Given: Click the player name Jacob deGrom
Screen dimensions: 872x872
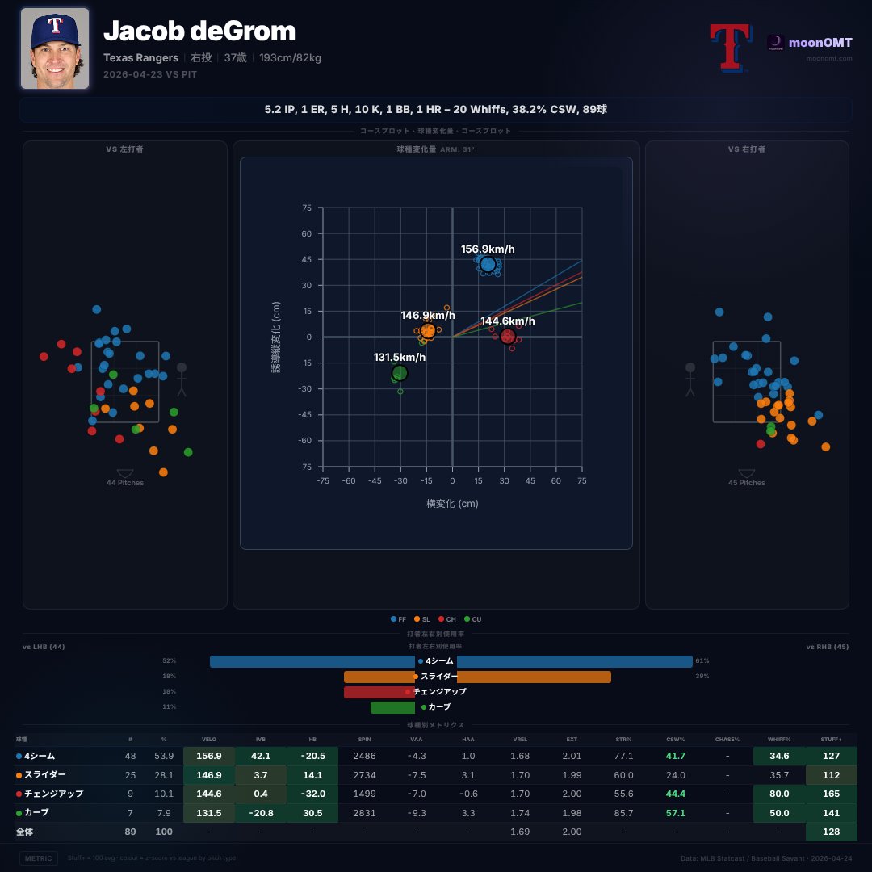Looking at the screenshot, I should tap(199, 31).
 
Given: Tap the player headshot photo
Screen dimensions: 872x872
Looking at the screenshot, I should tap(55, 48).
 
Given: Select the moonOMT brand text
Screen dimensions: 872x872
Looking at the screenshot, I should tap(820, 42).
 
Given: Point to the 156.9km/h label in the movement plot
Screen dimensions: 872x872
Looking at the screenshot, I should tap(488, 249).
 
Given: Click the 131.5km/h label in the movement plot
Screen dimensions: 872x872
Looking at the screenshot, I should tap(400, 357).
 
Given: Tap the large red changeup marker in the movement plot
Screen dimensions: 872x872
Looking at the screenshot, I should tap(508, 337).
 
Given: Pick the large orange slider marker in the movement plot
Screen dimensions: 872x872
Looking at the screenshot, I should tap(428, 330).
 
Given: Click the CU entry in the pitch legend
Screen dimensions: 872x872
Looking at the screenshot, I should tap(473, 619).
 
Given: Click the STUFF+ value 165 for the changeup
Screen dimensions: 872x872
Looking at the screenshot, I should tap(832, 794).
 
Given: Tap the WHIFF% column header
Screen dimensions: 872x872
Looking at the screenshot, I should tap(778, 739).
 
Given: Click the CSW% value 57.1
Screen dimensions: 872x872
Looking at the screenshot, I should tap(676, 812).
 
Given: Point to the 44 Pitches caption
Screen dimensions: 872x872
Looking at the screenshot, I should tap(125, 483).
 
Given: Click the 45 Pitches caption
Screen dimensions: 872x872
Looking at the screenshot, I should tap(747, 483).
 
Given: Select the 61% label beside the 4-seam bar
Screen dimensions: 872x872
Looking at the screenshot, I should tap(702, 661).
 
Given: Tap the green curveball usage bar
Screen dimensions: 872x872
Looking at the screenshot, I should tap(392, 707).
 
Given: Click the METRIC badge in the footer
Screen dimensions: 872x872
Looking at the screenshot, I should tap(39, 857).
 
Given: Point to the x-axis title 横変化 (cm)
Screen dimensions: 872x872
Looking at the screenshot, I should tap(452, 503).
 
